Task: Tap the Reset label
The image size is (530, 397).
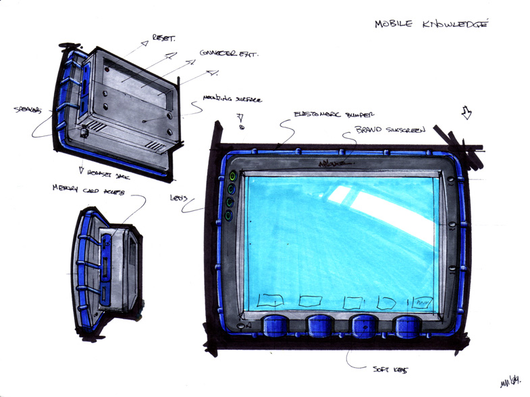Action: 164,38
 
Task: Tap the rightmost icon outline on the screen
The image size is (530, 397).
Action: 423,302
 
